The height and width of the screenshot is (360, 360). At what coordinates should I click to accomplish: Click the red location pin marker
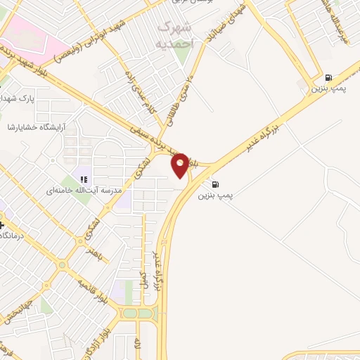coord(181,165)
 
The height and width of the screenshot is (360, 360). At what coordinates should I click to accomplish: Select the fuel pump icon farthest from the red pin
coord(328,77)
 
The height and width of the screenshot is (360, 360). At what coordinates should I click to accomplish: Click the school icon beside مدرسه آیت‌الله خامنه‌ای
coord(84,180)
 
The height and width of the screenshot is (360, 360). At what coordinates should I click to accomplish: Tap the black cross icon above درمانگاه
coord(2,224)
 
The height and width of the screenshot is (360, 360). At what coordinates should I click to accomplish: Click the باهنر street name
coord(95,254)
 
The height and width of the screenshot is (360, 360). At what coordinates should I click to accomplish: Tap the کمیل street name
coord(143,278)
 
